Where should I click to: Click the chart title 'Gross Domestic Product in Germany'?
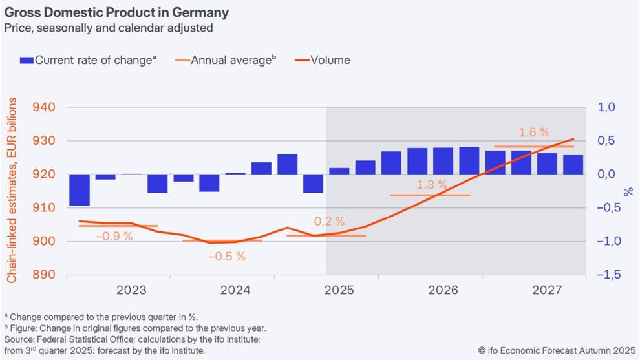(116, 12)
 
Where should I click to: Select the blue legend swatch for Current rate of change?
(27, 60)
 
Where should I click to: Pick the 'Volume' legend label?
(330, 60)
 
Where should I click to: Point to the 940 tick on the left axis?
(44, 107)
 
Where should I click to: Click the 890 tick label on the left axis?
(44, 274)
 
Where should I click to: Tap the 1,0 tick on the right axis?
(606, 107)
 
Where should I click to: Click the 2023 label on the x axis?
(131, 290)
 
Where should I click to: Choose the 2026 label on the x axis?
(443, 290)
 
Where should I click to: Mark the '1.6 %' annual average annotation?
(534, 132)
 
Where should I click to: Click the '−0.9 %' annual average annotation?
(114, 236)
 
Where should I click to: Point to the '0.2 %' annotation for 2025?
(330, 221)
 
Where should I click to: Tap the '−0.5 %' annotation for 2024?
(227, 257)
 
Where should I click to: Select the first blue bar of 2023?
(79, 190)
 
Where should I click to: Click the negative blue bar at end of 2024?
(313, 184)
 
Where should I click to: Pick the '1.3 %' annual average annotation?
(432, 185)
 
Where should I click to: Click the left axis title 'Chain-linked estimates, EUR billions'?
(12, 190)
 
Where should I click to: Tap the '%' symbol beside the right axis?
(628, 192)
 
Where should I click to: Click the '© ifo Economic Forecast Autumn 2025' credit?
(557, 350)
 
